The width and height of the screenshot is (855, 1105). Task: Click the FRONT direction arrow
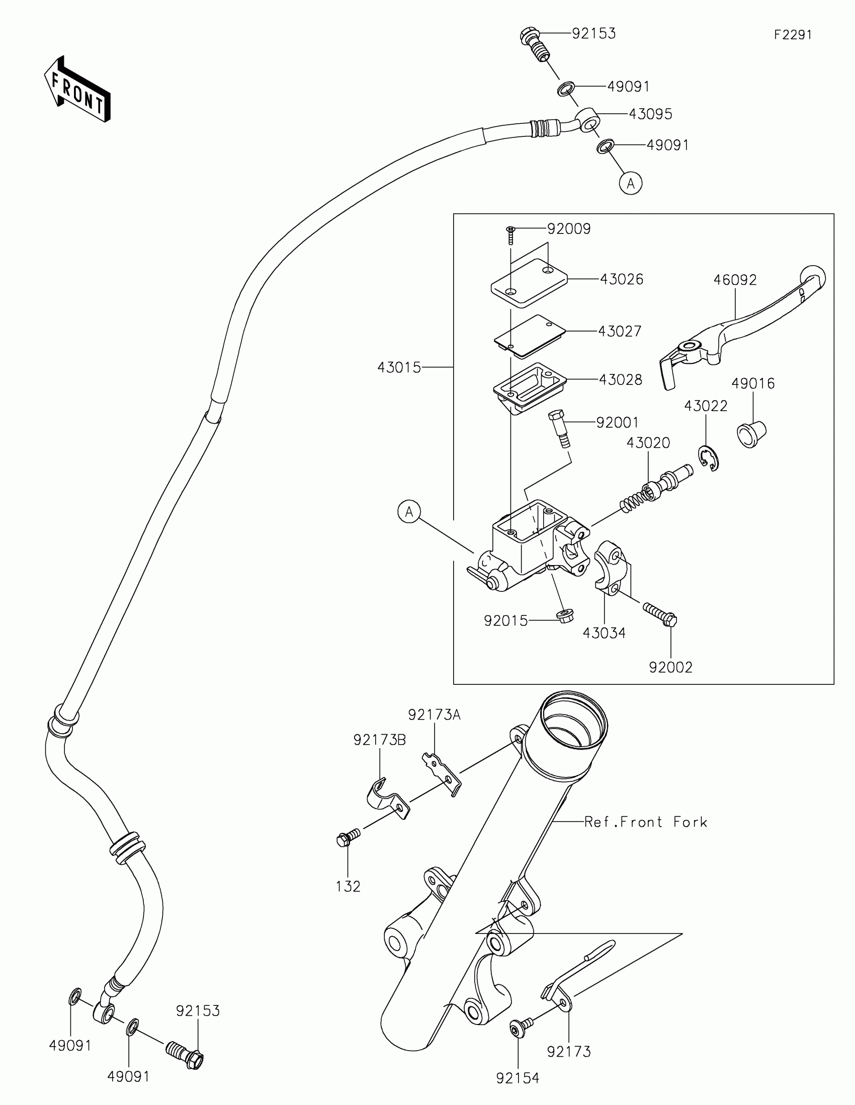click(x=77, y=90)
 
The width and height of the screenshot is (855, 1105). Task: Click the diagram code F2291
click(x=792, y=35)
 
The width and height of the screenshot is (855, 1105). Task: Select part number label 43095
click(x=650, y=114)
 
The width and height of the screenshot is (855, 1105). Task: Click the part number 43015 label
click(x=399, y=367)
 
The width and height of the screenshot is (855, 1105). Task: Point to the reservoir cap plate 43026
click(x=529, y=282)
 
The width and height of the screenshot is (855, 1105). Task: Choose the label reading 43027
click(x=620, y=332)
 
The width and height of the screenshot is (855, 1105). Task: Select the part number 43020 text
click(x=648, y=443)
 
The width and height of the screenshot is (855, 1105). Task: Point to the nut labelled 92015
click(x=563, y=617)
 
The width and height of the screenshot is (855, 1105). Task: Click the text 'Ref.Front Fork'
click(x=645, y=822)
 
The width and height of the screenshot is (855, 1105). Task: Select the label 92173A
click(x=435, y=715)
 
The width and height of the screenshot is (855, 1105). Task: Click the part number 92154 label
click(x=518, y=1078)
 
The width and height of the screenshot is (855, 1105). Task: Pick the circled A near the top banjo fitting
click(x=631, y=183)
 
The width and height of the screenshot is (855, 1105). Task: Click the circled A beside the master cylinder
click(x=409, y=512)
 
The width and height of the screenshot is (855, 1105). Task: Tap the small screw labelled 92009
click(x=510, y=235)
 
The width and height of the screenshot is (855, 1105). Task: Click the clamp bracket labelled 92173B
click(x=387, y=800)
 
